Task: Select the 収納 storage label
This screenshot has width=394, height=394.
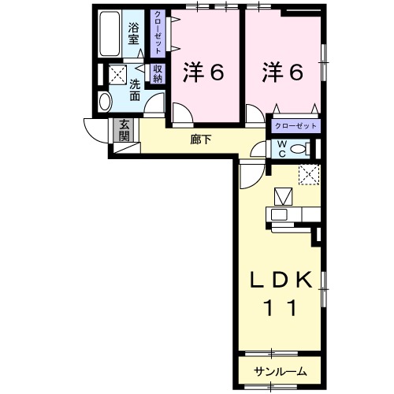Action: [158, 73]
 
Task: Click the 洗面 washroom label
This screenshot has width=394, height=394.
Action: [136, 90]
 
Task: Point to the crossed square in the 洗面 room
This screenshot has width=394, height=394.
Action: [117, 75]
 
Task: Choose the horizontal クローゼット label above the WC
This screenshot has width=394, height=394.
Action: [296, 126]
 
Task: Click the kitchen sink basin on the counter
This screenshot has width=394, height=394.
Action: [281, 214]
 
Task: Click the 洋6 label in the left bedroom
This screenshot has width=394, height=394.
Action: [205, 72]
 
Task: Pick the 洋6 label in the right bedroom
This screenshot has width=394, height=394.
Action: [281, 72]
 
